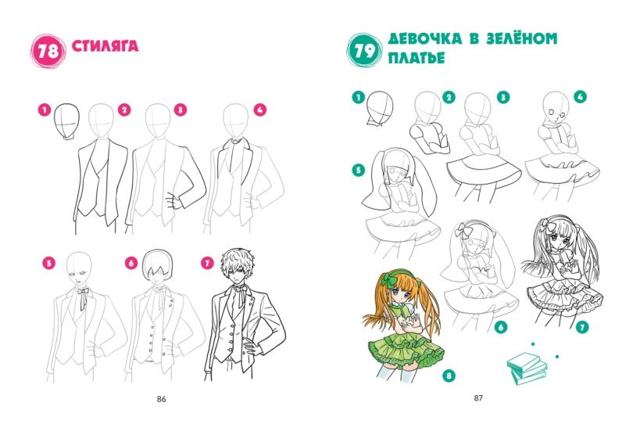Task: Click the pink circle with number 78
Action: [x=48, y=51]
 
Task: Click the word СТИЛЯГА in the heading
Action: [x=105, y=45]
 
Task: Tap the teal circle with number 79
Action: [x=364, y=51]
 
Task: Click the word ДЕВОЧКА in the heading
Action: [x=425, y=39]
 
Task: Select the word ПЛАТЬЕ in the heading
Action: [x=417, y=58]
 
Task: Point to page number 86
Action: [x=162, y=399]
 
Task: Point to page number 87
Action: [x=478, y=397]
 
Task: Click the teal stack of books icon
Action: [x=527, y=368]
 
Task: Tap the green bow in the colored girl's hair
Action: [x=388, y=280]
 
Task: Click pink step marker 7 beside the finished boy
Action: [x=207, y=263]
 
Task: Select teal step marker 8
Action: [x=449, y=375]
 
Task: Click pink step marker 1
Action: [x=45, y=110]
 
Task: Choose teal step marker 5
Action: [x=359, y=170]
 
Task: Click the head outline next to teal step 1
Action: [x=380, y=107]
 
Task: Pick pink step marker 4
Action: [x=259, y=110]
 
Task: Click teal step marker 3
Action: [x=503, y=98]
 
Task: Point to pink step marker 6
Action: [x=131, y=263]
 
